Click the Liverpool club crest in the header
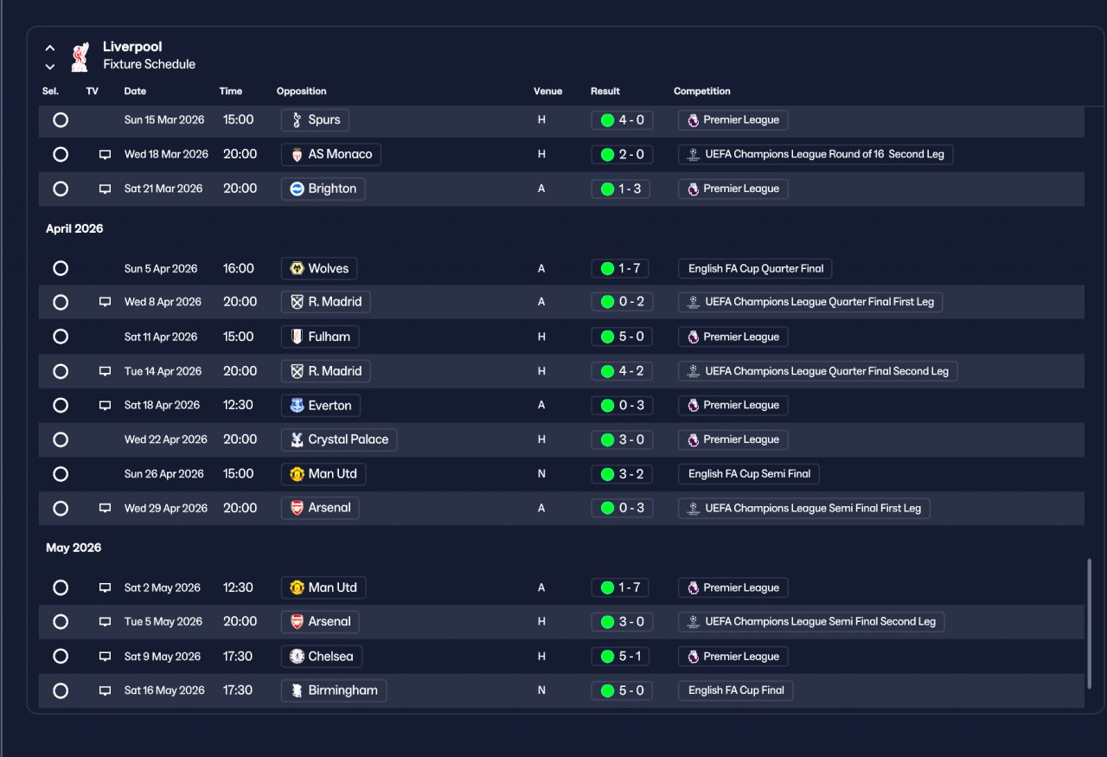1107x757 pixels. (x=80, y=57)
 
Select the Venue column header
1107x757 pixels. (x=547, y=91)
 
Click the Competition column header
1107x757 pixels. (x=701, y=91)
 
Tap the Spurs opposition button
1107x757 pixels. (x=315, y=120)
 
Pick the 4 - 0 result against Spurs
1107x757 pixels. (x=622, y=120)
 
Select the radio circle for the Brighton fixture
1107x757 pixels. (x=61, y=189)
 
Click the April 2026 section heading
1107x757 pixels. (x=74, y=228)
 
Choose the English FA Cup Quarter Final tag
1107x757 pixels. (x=755, y=268)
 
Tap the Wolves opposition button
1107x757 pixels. (x=319, y=268)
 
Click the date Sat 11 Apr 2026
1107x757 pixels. (x=161, y=337)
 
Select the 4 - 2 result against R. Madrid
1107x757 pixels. (x=622, y=371)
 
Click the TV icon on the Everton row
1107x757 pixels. (x=105, y=406)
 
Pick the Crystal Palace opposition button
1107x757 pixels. (x=339, y=439)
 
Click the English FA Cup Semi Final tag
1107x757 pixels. (x=749, y=474)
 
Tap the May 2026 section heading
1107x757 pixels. (x=74, y=548)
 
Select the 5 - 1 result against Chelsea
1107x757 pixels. (x=622, y=657)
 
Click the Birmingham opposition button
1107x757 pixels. (x=334, y=690)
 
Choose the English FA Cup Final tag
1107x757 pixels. (x=736, y=690)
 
